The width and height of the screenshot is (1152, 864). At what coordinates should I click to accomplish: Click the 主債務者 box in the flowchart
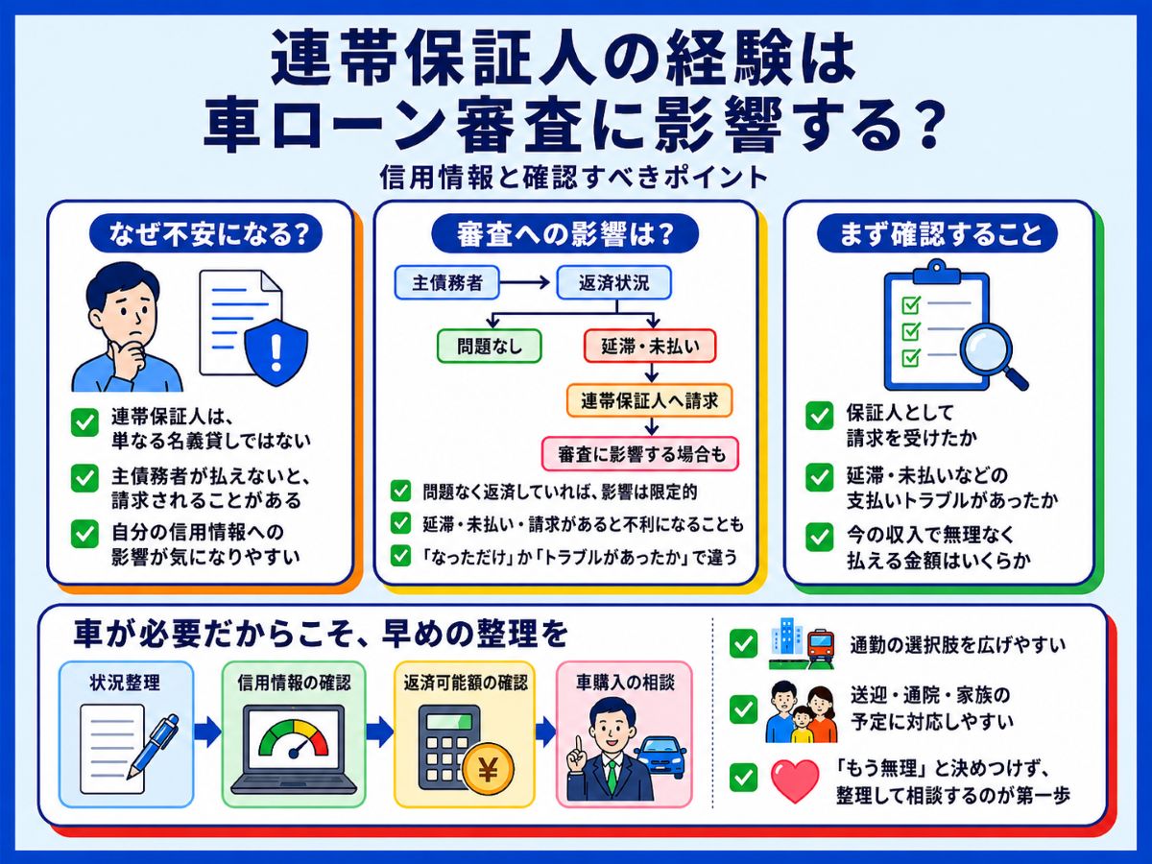[446, 283]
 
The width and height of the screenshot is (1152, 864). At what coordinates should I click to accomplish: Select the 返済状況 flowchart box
[613, 283]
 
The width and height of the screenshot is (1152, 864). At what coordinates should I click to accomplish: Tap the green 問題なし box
[490, 346]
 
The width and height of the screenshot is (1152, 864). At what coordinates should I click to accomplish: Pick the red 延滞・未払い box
[650, 346]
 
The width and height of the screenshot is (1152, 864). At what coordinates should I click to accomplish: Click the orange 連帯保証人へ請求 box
[649, 400]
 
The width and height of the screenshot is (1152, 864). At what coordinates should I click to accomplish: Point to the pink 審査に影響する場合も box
[640, 454]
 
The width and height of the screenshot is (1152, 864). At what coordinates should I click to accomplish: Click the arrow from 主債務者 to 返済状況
[525, 283]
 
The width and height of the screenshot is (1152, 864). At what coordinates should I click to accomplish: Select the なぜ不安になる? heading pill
[205, 233]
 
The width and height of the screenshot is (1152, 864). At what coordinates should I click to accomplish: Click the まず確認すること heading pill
[937, 233]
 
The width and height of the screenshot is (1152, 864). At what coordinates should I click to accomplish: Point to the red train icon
[820, 648]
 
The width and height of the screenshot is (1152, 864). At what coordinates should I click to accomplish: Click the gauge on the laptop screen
[294, 738]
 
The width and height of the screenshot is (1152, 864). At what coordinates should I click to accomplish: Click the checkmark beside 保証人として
[819, 416]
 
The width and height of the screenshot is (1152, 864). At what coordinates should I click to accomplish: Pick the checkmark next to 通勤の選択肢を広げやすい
[743, 643]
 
